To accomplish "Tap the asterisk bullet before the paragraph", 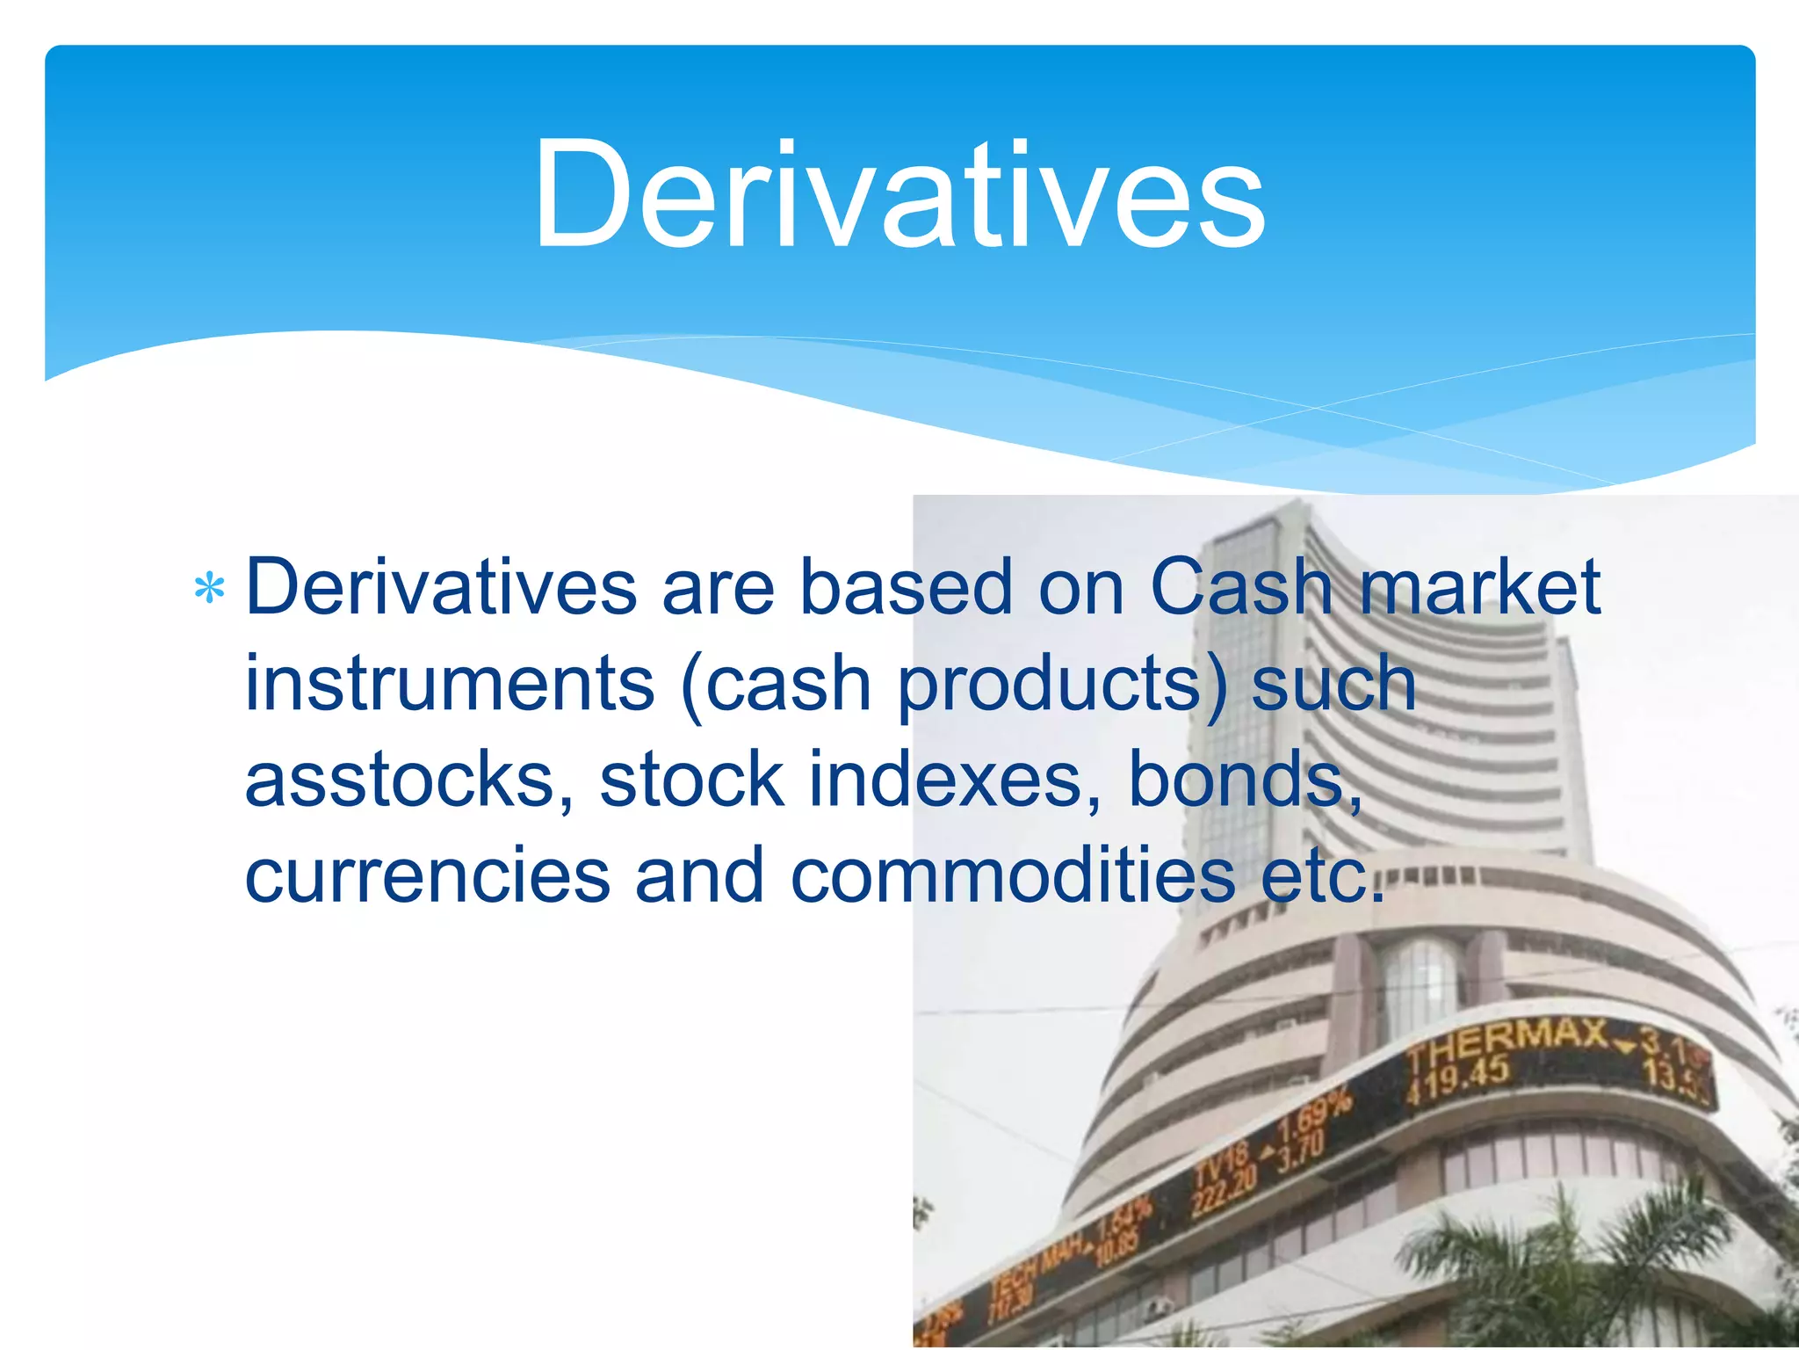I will click(x=209, y=589).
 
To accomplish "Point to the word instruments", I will click(x=449, y=684).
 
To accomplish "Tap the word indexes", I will click(x=945, y=780).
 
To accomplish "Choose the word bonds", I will click(x=1244, y=780).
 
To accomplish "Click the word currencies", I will click(x=428, y=877).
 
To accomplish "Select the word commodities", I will click(x=1012, y=877).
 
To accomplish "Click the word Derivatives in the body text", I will click(x=441, y=587).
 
